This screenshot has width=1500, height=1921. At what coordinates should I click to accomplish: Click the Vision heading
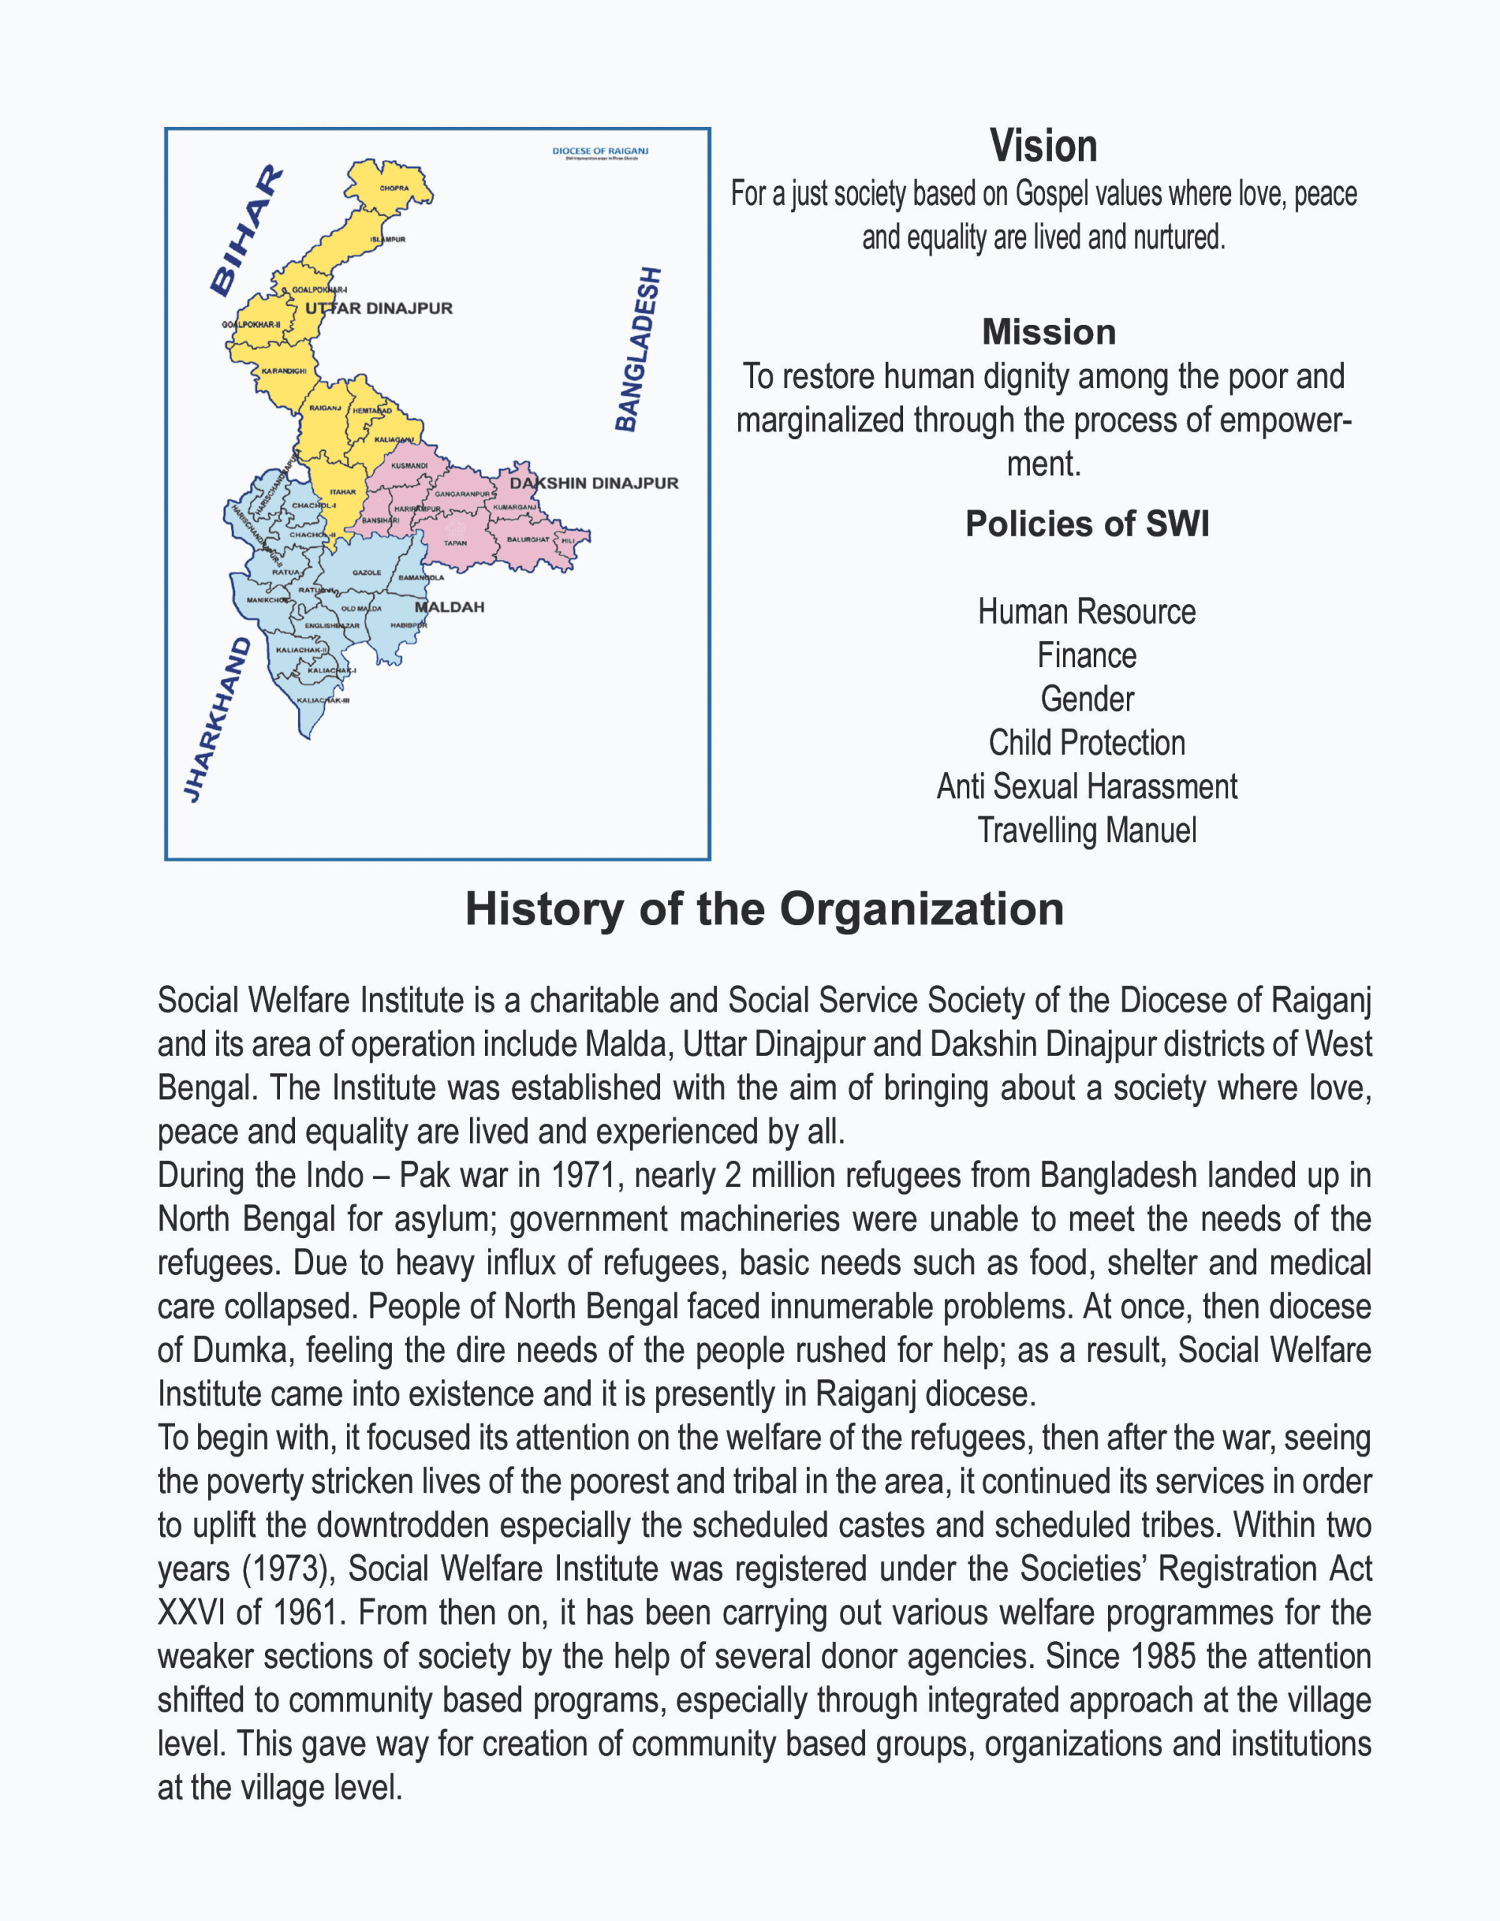point(1043,146)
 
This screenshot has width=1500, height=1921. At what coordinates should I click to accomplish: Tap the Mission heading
point(1049,332)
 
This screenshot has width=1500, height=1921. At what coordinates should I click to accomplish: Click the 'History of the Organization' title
point(764,909)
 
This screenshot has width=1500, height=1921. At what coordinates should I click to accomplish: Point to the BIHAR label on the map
point(245,230)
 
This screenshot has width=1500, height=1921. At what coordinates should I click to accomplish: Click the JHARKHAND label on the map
point(216,720)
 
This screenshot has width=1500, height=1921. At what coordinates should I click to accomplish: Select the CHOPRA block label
point(394,188)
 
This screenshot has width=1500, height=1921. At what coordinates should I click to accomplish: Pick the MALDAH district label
point(450,607)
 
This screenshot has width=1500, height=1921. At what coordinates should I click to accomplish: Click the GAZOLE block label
point(367,573)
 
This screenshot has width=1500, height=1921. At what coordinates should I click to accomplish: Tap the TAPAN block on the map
point(455,543)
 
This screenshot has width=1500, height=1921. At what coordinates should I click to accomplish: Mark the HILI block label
point(568,541)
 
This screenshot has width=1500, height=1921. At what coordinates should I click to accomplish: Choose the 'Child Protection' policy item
point(1086,743)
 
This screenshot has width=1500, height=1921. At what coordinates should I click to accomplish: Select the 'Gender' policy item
point(1087,699)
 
